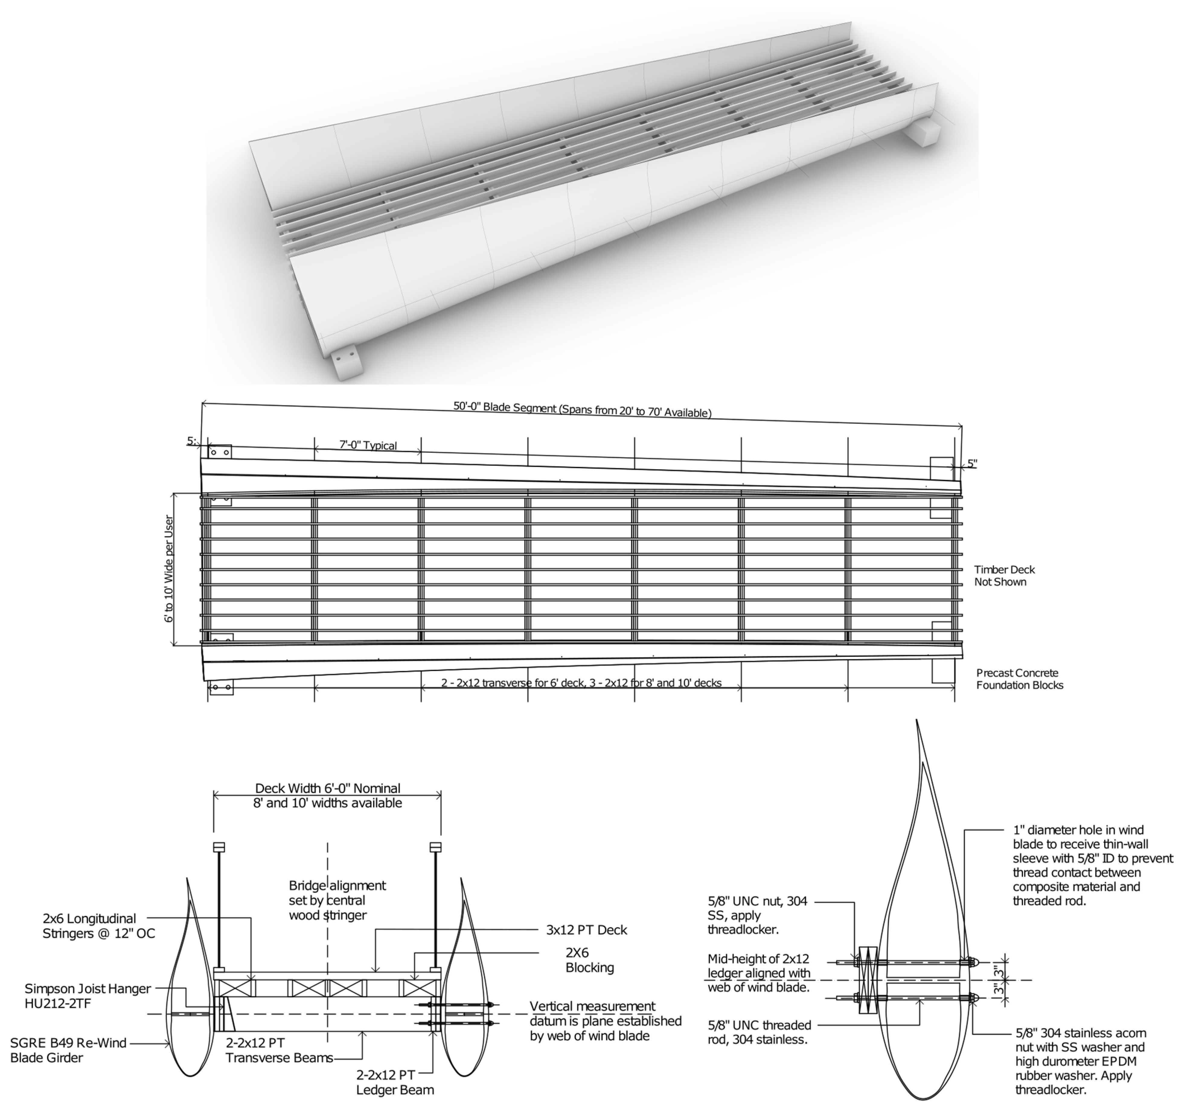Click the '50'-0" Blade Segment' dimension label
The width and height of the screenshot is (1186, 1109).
[x=582, y=409]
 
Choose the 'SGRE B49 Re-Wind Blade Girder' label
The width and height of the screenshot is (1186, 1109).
[x=69, y=1050]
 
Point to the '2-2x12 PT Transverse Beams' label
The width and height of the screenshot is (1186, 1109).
[x=279, y=1050]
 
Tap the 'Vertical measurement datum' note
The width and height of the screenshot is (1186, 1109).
[x=605, y=1021]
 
